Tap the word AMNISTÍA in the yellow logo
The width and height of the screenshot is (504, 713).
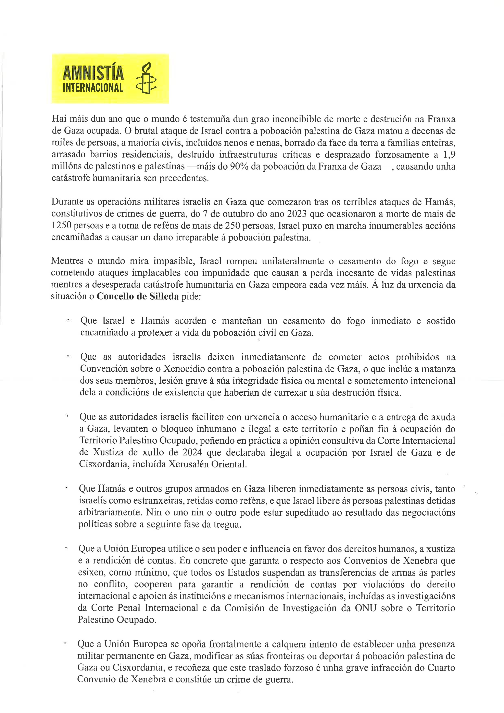[93, 73]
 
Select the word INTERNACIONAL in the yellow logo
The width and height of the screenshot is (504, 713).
[93, 88]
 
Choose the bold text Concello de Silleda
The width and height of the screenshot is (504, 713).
[138, 297]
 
